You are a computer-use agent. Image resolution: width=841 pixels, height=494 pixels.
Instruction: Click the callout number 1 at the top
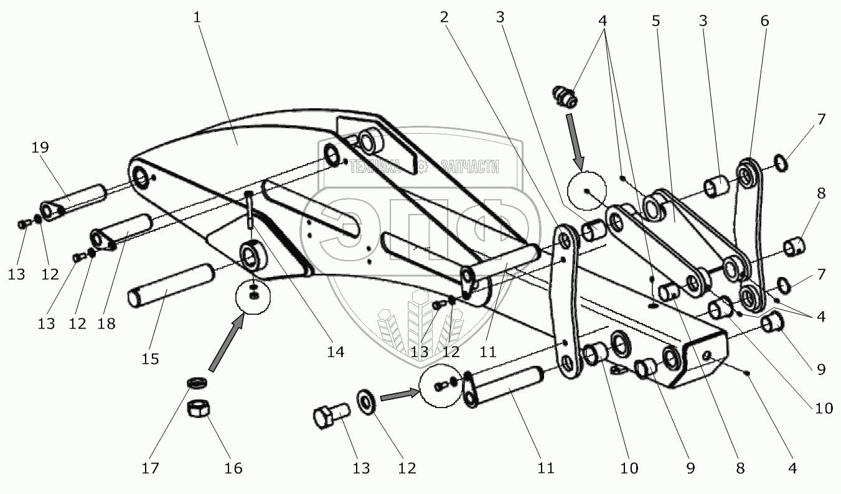point(197,18)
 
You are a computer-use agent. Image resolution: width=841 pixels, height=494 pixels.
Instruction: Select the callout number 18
point(106,324)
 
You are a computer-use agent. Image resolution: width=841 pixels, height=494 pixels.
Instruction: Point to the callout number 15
point(150,359)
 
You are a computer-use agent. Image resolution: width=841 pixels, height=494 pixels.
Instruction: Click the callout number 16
point(234,468)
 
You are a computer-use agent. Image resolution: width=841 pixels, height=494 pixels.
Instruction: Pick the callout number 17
point(149,468)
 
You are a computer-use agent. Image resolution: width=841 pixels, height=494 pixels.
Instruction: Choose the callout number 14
point(336,352)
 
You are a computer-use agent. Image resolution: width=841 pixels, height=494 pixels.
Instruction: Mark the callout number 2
point(444,18)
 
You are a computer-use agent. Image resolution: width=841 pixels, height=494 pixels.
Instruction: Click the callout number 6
point(764,21)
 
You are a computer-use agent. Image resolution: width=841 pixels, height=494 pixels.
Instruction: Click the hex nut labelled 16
point(199,410)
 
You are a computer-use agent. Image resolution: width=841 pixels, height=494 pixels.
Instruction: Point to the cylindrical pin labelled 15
point(169,284)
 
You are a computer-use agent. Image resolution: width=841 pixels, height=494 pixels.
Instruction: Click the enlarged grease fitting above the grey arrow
point(564,96)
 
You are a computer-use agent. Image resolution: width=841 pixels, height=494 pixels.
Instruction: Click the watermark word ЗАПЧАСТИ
point(469,165)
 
